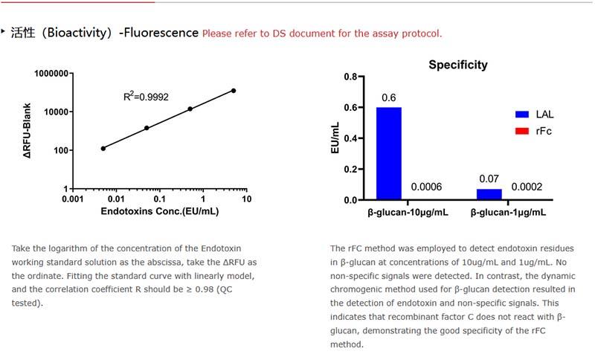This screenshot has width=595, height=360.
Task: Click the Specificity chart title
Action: (458, 65)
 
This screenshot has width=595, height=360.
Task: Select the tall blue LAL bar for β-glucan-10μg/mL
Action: (389, 153)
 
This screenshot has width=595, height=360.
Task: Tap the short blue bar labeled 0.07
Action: (489, 194)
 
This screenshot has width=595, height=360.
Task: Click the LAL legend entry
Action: (535, 114)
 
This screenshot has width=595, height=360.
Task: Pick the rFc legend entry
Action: (535, 131)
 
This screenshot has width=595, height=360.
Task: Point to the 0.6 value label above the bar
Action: (388, 98)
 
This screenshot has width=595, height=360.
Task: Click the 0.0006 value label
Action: (426, 187)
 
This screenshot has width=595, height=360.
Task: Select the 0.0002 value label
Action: (527, 187)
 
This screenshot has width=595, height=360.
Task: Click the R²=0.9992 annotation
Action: (146, 96)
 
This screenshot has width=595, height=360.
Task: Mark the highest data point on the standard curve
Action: (233, 91)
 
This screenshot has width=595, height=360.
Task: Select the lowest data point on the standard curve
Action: (103, 148)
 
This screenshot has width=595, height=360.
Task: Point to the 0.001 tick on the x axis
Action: (72, 199)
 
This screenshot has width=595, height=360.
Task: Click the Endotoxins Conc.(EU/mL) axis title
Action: (159, 212)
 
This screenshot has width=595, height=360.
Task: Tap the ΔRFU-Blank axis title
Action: (27, 131)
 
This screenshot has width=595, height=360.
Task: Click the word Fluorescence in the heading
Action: (161, 33)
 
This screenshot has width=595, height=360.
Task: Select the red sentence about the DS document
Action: (322, 33)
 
